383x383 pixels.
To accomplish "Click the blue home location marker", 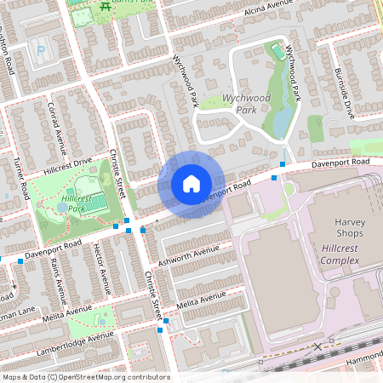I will pyautogui.click(x=191, y=183).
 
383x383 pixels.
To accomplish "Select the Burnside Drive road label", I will pyautogui.click(x=344, y=93).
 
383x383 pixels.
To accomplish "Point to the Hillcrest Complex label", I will pyautogui.click(x=345, y=253).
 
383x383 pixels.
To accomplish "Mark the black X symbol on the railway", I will pyautogui.click(x=318, y=346).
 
